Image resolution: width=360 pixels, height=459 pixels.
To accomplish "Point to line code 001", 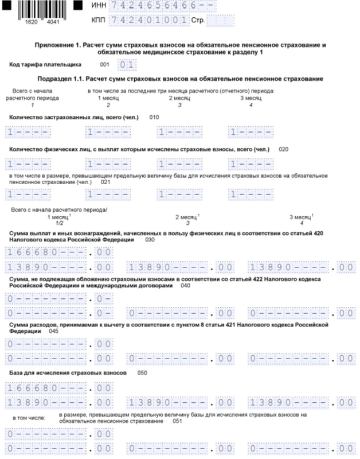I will (104, 65).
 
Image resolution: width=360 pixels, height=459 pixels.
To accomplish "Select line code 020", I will (283, 149).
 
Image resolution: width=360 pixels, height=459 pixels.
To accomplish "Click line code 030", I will (150, 240).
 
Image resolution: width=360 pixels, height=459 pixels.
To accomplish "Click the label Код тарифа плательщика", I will (45, 65).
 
